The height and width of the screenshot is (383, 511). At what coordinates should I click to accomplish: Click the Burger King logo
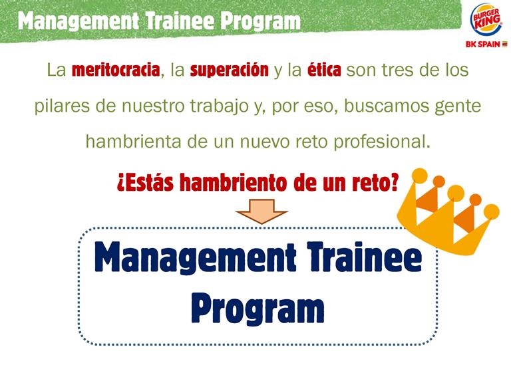click(x=486, y=20)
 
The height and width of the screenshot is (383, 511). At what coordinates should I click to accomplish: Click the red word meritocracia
click(x=116, y=70)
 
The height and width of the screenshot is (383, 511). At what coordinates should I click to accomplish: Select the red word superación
click(x=230, y=70)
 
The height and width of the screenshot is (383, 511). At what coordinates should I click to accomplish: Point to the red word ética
click(x=324, y=70)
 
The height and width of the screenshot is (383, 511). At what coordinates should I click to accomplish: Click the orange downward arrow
click(x=261, y=211)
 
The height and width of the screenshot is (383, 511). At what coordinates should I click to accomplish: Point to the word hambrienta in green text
click(x=133, y=142)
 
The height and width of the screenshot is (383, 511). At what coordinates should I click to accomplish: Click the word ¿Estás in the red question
click(x=145, y=183)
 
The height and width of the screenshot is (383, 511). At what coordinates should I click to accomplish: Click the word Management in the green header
click(x=79, y=21)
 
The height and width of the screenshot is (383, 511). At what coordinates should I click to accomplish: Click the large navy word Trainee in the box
click(x=365, y=257)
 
